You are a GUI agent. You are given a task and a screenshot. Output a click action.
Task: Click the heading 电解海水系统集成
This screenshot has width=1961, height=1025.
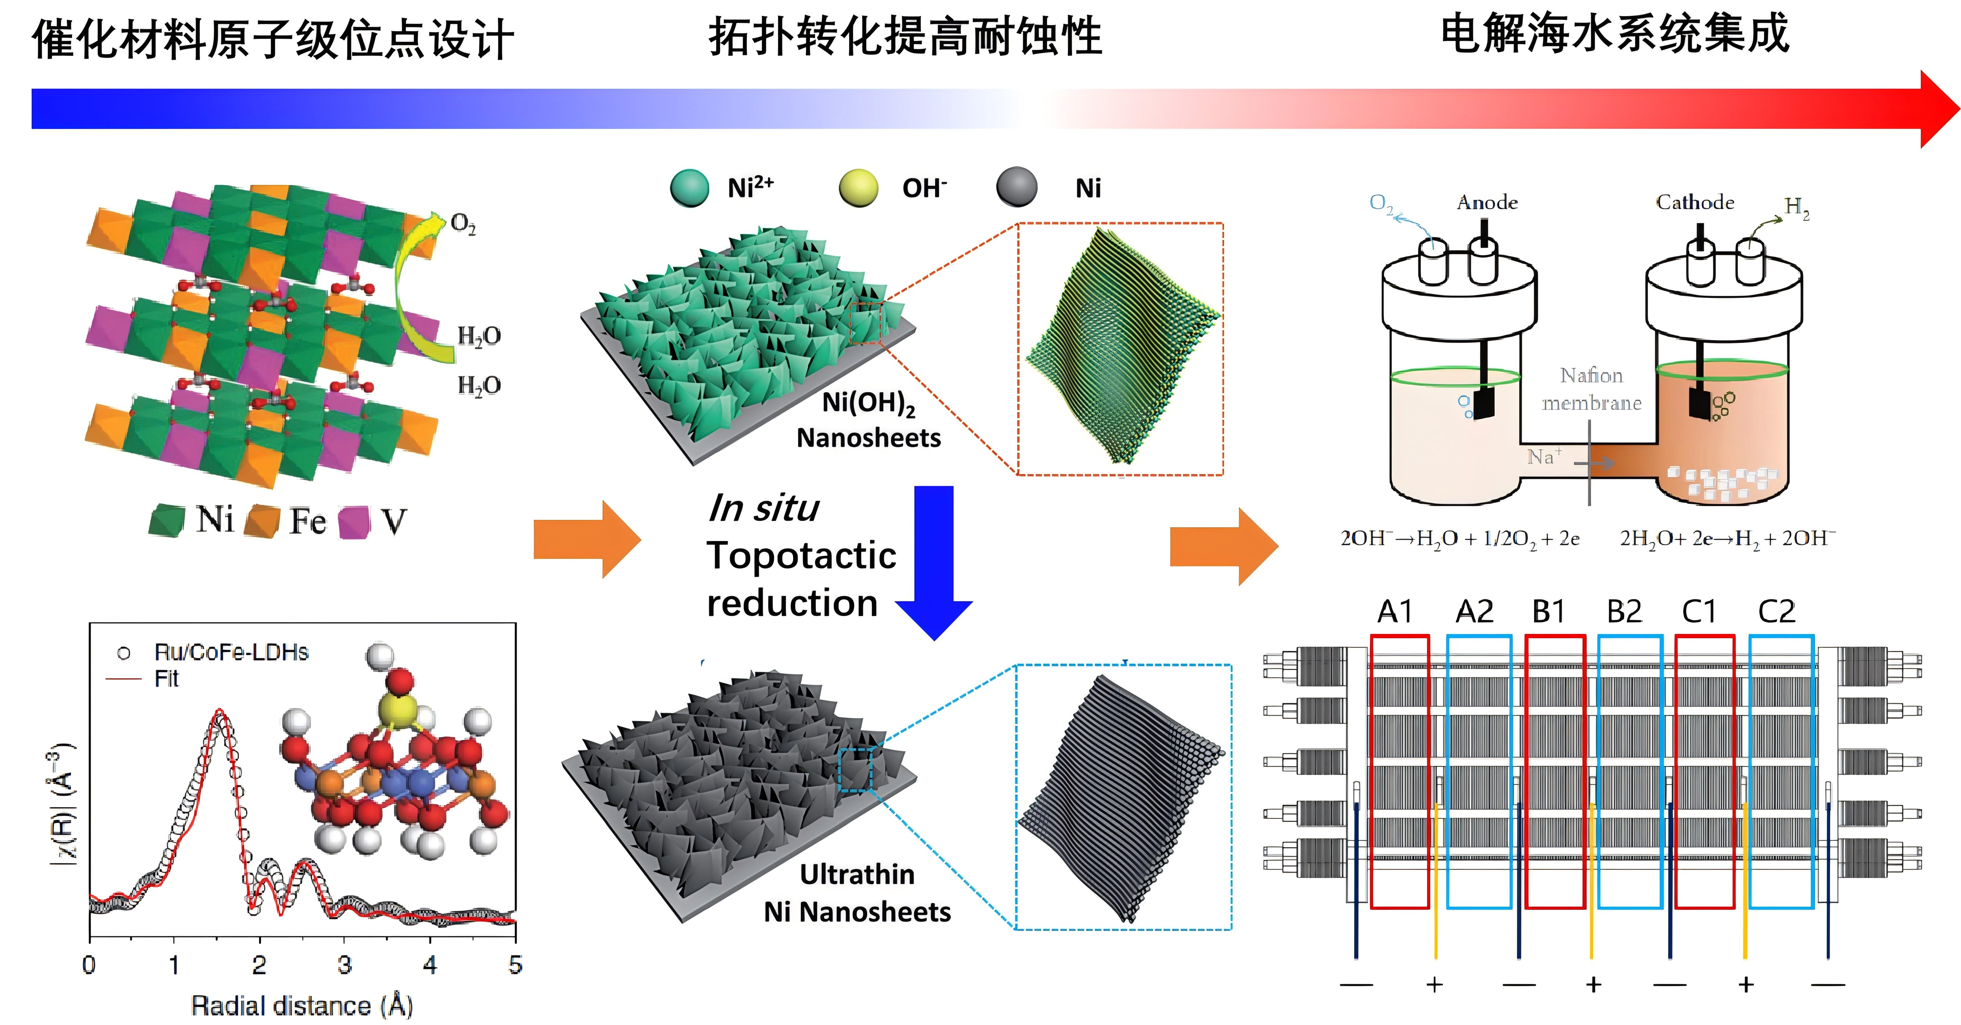(1614, 34)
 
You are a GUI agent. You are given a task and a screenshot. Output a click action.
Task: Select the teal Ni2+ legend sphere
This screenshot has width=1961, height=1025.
(690, 188)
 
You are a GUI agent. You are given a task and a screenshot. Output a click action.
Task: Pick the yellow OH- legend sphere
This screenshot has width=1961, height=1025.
(858, 188)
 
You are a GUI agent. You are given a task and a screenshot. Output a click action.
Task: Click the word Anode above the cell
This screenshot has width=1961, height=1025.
(1487, 202)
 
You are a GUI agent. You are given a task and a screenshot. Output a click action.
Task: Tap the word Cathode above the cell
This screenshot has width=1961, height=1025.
(1695, 202)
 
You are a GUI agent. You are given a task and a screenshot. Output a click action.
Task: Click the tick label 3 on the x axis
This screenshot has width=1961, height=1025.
(345, 965)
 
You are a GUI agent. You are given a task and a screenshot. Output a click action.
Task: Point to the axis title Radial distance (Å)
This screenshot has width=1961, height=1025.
(302, 1006)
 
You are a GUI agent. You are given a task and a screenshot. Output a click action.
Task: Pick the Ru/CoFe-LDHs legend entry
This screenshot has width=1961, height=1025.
(231, 652)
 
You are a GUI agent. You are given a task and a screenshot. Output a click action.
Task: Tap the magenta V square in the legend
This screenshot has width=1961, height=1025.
(354, 522)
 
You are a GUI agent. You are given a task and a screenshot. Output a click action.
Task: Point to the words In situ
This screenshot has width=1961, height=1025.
(764, 507)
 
